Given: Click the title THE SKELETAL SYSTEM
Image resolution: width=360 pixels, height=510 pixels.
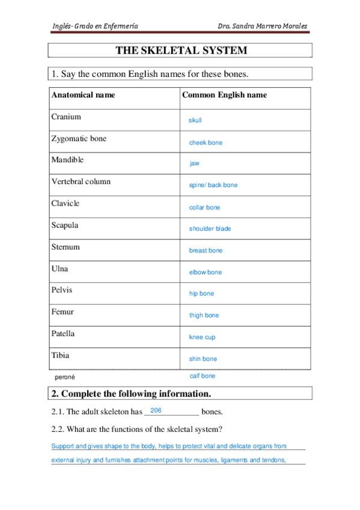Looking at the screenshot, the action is coord(181,51).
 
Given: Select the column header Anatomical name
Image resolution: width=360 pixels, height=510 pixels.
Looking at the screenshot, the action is coord(83,95).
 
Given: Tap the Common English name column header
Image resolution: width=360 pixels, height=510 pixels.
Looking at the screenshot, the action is coord(224,95).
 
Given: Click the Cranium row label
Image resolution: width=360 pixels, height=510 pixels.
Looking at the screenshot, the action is coord(66,117).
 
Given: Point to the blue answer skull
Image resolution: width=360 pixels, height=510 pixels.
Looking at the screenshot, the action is coord(195,121).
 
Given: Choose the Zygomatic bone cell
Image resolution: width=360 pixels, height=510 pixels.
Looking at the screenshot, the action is coord(79,138).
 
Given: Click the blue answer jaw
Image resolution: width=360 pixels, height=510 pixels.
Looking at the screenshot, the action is coord(195,164).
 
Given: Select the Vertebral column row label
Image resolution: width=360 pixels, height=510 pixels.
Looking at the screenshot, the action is coord(81,182).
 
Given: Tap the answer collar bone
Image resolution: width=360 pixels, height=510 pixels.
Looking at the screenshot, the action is coord(204,207).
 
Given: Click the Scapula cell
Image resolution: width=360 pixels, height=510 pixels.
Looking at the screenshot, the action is coord(65,225).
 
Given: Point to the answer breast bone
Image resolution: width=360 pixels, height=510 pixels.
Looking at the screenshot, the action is coord(206,251).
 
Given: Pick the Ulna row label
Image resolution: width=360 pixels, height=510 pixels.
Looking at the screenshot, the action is coord(60,268).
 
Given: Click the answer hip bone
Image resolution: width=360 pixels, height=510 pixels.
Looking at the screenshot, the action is coord(201,294).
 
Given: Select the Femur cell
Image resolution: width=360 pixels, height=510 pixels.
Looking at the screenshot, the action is coord(63,312).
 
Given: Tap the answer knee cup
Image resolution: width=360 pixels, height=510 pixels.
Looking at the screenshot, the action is coord(202,337).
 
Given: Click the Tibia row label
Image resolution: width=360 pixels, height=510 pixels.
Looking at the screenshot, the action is coord(60,355).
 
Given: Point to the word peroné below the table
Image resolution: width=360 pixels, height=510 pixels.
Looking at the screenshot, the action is coord(64,377).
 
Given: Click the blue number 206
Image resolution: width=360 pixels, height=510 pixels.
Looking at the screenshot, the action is coord(156,410).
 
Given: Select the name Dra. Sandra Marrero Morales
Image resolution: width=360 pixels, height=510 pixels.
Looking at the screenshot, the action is coord(263,26).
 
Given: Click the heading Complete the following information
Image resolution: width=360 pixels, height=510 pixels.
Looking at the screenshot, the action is coord(131,394).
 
